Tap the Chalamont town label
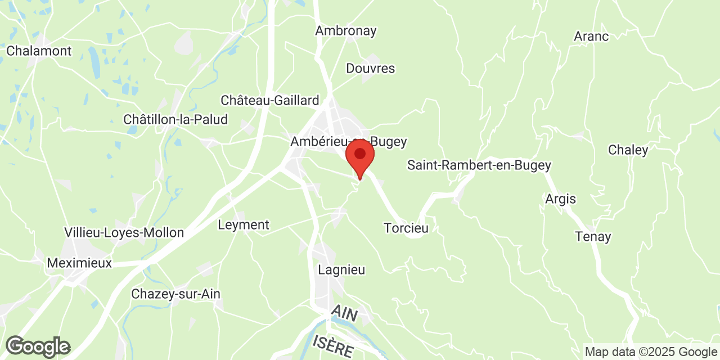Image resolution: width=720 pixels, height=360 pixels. pyautogui.click(x=39, y=51)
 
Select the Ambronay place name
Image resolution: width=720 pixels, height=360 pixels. pyautogui.click(x=345, y=31)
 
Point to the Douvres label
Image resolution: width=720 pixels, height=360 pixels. pyautogui.click(x=371, y=69)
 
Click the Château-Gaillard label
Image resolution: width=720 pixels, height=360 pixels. pyautogui.click(x=270, y=101)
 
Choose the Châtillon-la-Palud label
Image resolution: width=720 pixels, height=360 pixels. pyautogui.click(x=175, y=120)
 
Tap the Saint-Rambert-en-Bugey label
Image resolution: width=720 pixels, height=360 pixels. pyautogui.click(x=479, y=165)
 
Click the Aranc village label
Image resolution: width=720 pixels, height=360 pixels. pyautogui.click(x=591, y=37)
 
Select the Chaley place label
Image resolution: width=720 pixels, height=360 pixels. pyautogui.click(x=628, y=150)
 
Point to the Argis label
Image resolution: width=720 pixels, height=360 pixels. pyautogui.click(x=560, y=199)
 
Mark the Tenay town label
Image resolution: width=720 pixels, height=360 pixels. pyautogui.click(x=593, y=237)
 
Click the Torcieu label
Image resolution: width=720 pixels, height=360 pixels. pyautogui.click(x=406, y=228)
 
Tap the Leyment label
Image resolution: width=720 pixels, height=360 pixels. pyautogui.click(x=244, y=225)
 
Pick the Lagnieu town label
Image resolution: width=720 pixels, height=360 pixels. pyautogui.click(x=341, y=270)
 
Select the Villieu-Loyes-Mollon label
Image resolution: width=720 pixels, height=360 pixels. pyautogui.click(x=124, y=233)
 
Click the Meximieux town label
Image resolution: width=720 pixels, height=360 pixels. pyautogui.click(x=79, y=263)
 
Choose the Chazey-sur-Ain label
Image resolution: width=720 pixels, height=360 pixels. pyautogui.click(x=175, y=294)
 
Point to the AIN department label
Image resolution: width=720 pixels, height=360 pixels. pyautogui.click(x=344, y=314)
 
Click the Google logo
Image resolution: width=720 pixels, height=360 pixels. pyautogui.click(x=38, y=346)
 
